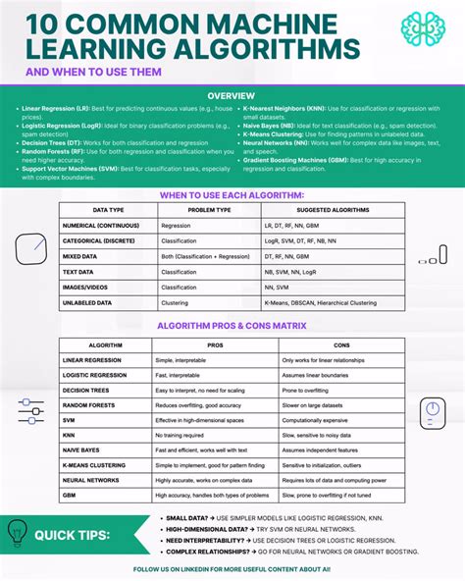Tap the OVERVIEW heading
click(x=232, y=95)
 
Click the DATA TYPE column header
click(x=107, y=210)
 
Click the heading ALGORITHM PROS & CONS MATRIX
click(x=232, y=325)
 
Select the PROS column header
click(x=215, y=345)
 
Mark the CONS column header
click(x=341, y=345)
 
